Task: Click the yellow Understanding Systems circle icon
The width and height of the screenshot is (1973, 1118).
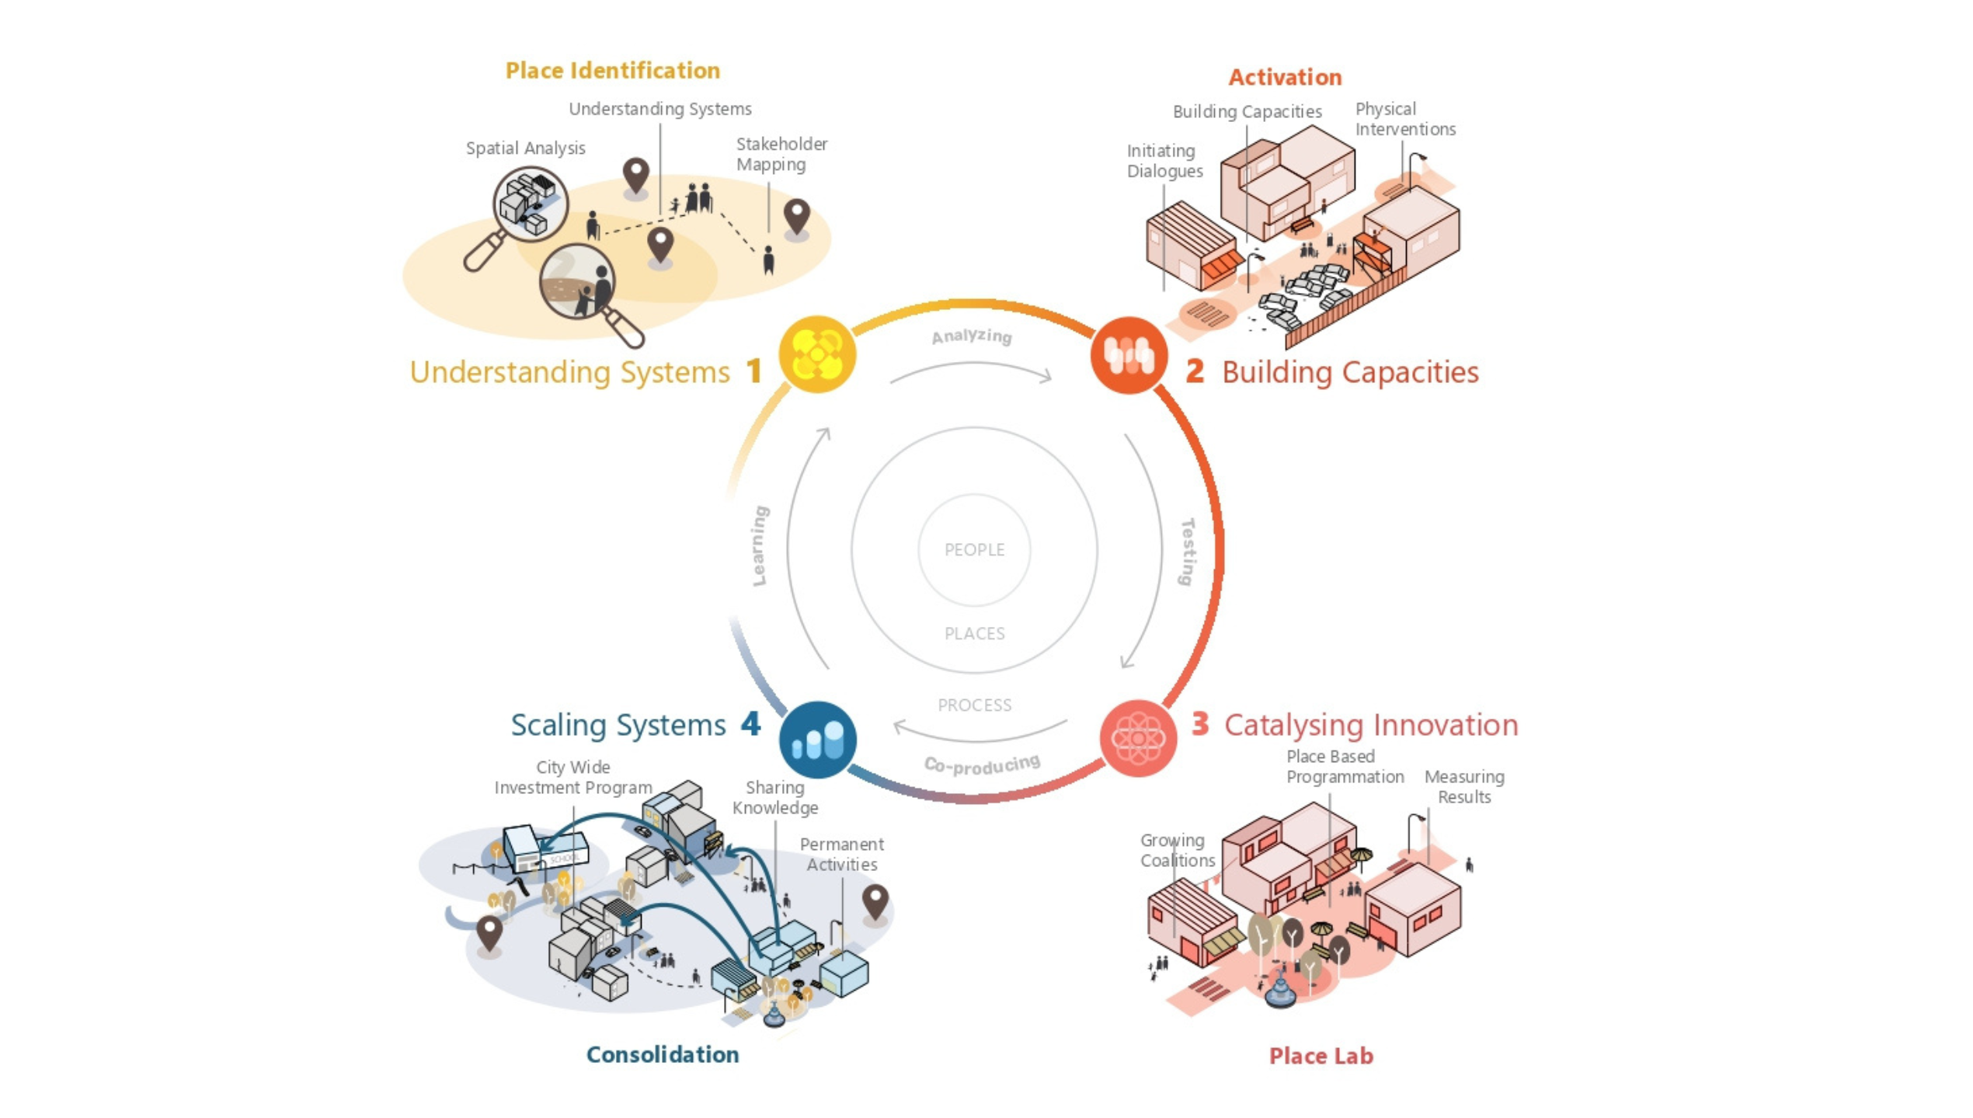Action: [x=816, y=354]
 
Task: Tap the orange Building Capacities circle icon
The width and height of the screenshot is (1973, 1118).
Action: [x=1128, y=355]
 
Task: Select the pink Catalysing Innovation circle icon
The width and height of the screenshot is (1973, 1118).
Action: [x=1137, y=738]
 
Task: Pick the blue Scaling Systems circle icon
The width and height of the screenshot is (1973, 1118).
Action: [x=817, y=739]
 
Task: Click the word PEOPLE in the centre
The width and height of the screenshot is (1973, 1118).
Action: [x=974, y=549]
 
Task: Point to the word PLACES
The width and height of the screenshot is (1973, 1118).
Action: [x=974, y=633]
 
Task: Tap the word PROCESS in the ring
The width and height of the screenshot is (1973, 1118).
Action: [x=974, y=705]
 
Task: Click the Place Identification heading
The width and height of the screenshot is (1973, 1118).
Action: [x=612, y=71]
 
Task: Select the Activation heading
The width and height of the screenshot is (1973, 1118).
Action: [x=1285, y=77]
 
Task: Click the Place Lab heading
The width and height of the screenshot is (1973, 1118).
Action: [x=1321, y=1056]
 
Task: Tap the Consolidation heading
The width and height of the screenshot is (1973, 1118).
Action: [x=662, y=1054]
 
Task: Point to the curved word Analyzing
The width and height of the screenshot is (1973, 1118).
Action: [x=971, y=336]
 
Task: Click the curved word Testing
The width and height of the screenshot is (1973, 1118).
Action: [x=1187, y=552]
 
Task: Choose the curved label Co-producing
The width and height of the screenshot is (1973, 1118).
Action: [x=982, y=764]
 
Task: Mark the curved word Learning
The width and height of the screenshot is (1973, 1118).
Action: [x=760, y=545]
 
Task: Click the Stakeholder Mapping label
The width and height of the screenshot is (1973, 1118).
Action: [x=781, y=154]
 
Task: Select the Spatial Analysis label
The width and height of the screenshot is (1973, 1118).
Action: [x=525, y=148]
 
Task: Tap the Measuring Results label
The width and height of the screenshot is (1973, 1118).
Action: [x=1463, y=786]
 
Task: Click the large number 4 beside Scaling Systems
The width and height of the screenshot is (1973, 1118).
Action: [x=750, y=724]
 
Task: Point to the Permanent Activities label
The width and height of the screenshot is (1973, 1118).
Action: [x=841, y=854]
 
